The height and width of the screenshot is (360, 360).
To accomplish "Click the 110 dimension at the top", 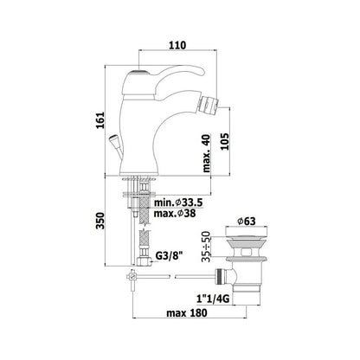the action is [177, 45].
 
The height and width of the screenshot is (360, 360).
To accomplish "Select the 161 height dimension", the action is [100, 120].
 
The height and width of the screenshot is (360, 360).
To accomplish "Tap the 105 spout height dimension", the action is [224, 141].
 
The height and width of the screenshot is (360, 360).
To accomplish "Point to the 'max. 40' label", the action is [206, 153].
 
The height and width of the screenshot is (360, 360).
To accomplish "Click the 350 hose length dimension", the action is [100, 221].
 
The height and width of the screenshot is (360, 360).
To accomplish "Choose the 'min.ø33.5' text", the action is [178, 202].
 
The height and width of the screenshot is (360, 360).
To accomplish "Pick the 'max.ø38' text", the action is [175, 213].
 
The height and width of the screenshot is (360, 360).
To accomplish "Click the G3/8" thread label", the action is [170, 255].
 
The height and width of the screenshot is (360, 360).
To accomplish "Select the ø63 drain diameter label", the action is [247, 222].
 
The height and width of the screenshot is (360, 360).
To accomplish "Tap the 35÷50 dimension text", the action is [206, 247].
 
